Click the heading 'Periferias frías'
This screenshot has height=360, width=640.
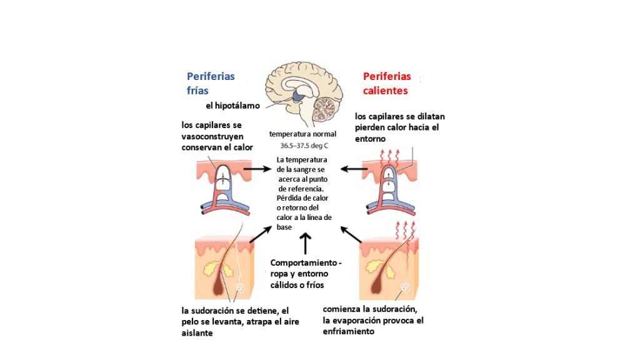coord(211,83)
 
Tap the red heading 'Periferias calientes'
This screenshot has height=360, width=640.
coord(387,83)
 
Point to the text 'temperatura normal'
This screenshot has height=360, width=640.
coord(302,134)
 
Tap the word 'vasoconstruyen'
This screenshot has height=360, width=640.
coord(212,136)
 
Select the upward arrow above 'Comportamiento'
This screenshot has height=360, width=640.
coord(305,243)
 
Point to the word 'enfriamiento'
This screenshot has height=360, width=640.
coord(348,331)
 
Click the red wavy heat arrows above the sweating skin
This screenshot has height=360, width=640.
coord(404,229)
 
